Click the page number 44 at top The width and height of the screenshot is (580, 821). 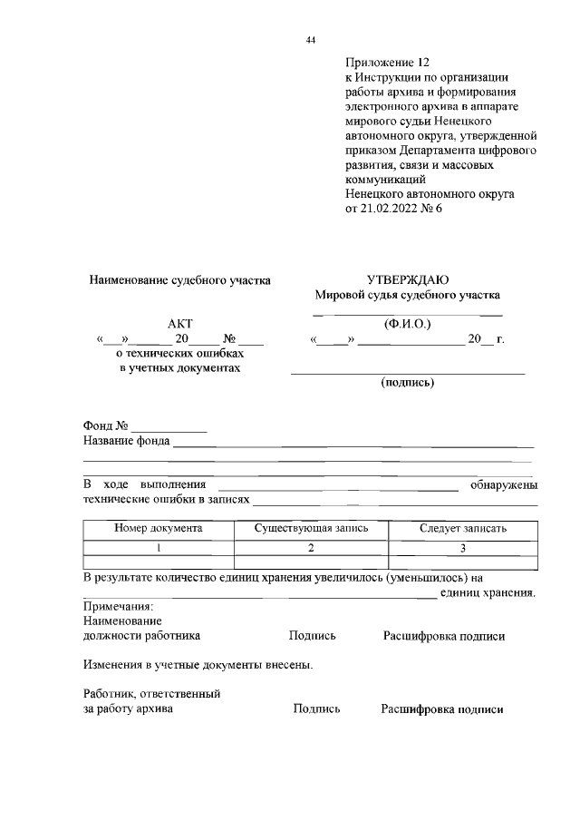pyautogui.click(x=311, y=40)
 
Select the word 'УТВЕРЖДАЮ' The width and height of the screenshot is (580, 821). pyautogui.click(x=407, y=280)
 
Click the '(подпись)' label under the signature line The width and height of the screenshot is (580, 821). pyautogui.click(x=407, y=383)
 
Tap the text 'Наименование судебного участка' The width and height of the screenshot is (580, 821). pyautogui.click(x=179, y=280)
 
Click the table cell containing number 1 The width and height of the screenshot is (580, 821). pyautogui.click(x=158, y=547)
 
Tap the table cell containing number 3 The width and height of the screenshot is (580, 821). pyautogui.click(x=462, y=547)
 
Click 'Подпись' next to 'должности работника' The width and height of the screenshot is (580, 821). pyautogui.click(x=313, y=637)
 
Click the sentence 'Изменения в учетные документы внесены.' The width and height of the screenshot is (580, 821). pyautogui.click(x=198, y=665)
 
